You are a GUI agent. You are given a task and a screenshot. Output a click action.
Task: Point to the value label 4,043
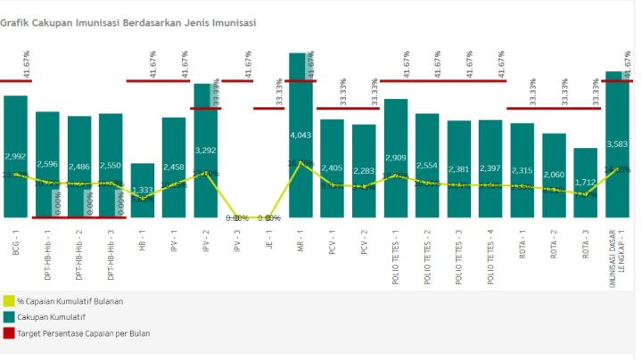click(301, 135)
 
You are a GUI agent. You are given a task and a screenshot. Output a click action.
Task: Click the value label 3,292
click(206, 151)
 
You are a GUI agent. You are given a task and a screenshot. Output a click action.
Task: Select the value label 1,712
click(585, 183)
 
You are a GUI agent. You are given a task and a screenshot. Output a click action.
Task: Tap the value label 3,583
click(618, 143)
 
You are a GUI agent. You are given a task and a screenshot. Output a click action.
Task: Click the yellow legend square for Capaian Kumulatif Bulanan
click(8, 301)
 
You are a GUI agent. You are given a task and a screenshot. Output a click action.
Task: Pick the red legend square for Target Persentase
click(8, 333)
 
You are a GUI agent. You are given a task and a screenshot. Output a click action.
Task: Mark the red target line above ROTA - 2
click(554, 109)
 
